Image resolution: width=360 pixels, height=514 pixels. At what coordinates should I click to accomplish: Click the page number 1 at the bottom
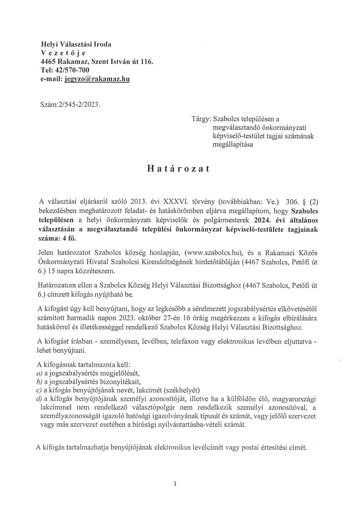pos(175,484)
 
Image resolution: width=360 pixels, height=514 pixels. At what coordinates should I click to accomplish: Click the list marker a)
pos(39,373)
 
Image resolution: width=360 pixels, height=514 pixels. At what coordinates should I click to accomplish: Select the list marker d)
pos(39,398)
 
